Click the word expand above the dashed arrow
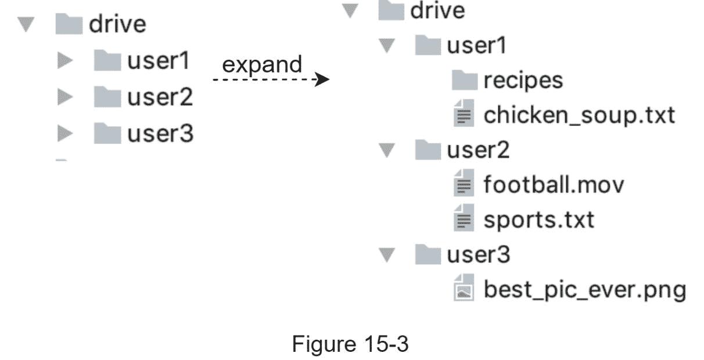(x=262, y=64)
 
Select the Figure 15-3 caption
(x=350, y=344)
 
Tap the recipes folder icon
(x=464, y=81)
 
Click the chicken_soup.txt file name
(x=579, y=115)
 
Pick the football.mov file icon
(x=462, y=185)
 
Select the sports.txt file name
(x=538, y=220)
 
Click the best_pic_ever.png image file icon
(x=462, y=288)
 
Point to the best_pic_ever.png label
(x=585, y=289)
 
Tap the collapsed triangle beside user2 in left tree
(x=65, y=98)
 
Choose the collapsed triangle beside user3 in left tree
(x=65, y=134)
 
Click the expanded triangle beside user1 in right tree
(x=386, y=46)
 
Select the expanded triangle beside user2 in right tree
(x=386, y=151)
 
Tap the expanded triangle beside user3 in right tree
(x=386, y=255)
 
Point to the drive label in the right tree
(x=437, y=11)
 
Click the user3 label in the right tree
(x=478, y=254)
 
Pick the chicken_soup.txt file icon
(x=462, y=114)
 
